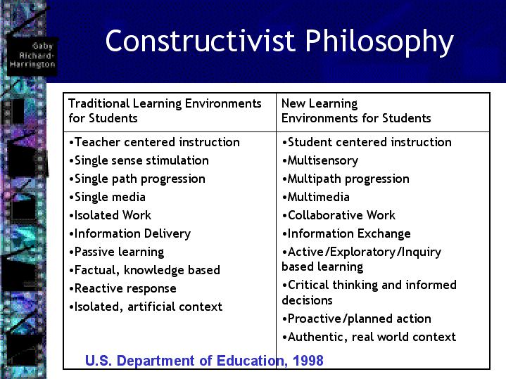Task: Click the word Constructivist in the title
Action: tap(200, 41)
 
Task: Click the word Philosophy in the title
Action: tap(379, 43)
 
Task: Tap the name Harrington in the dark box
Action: tap(32, 65)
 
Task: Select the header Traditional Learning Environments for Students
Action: tap(165, 110)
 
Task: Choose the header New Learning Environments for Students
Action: tap(356, 110)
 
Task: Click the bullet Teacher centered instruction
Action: tap(154, 142)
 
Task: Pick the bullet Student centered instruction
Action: tap(367, 142)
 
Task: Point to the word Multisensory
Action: tap(323, 160)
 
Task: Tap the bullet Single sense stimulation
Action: tap(139, 160)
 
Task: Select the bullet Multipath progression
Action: tap(346, 179)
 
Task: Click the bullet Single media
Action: tap(107, 197)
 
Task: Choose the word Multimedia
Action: tap(319, 197)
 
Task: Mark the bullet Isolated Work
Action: tap(110, 215)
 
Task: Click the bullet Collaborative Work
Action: tap(339, 215)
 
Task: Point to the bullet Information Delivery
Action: tap(129, 234)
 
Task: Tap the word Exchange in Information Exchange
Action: tap(384, 234)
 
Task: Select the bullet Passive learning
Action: tap(117, 252)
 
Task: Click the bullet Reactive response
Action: tap(122, 289)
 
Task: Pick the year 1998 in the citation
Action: tap(308, 361)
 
